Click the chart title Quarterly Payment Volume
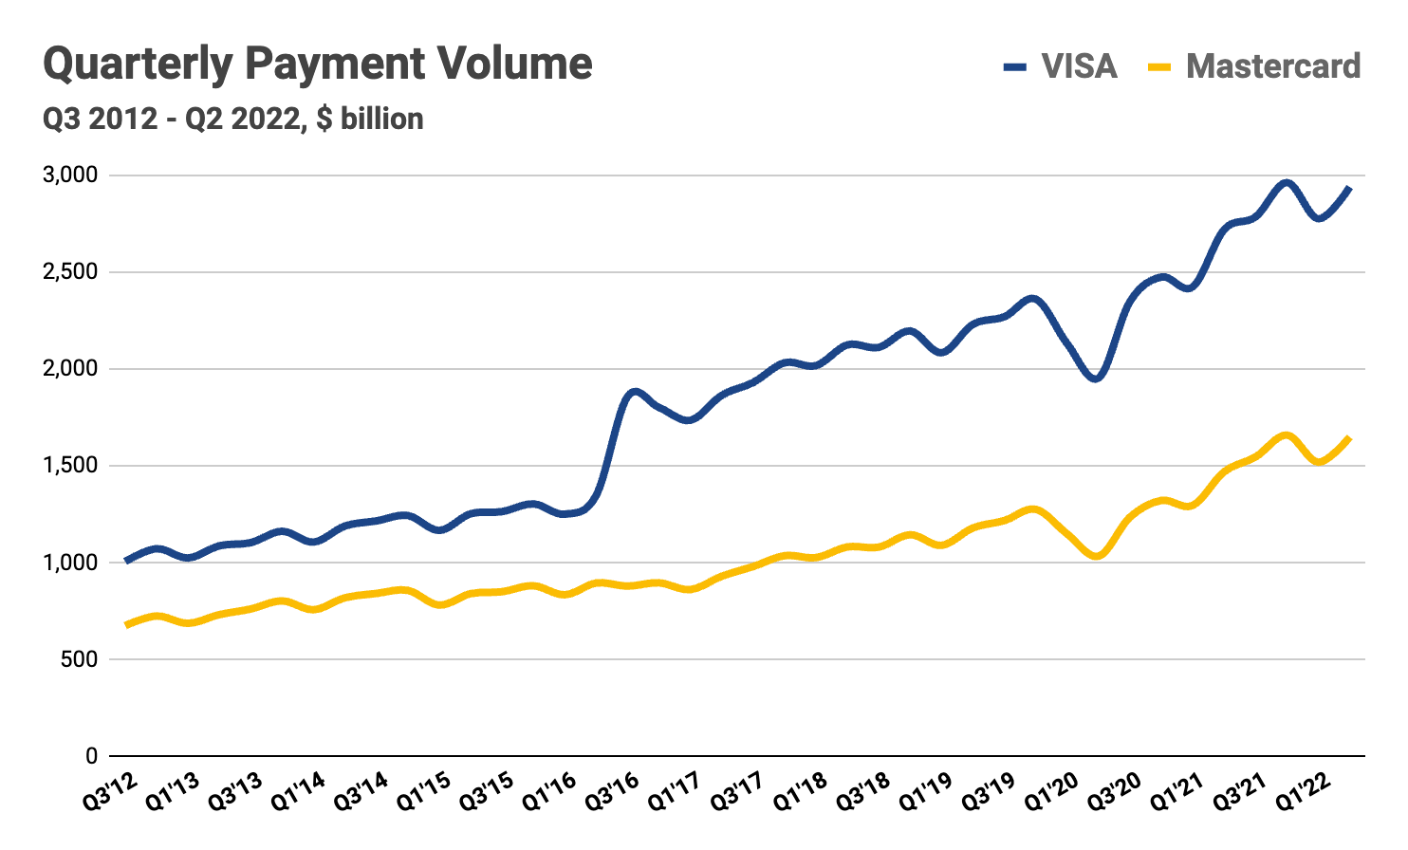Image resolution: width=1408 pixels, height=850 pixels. (x=318, y=65)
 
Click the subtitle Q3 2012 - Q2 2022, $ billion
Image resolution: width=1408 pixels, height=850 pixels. (x=233, y=120)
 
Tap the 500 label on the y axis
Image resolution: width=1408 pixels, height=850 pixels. (x=78, y=659)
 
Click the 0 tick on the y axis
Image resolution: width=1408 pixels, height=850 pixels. (x=91, y=756)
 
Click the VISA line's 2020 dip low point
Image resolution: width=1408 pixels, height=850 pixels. (x=1096, y=379)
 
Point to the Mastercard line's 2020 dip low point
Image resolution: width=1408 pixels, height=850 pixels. (x=1097, y=556)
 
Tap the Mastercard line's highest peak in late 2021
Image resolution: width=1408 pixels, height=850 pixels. (x=1286, y=435)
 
